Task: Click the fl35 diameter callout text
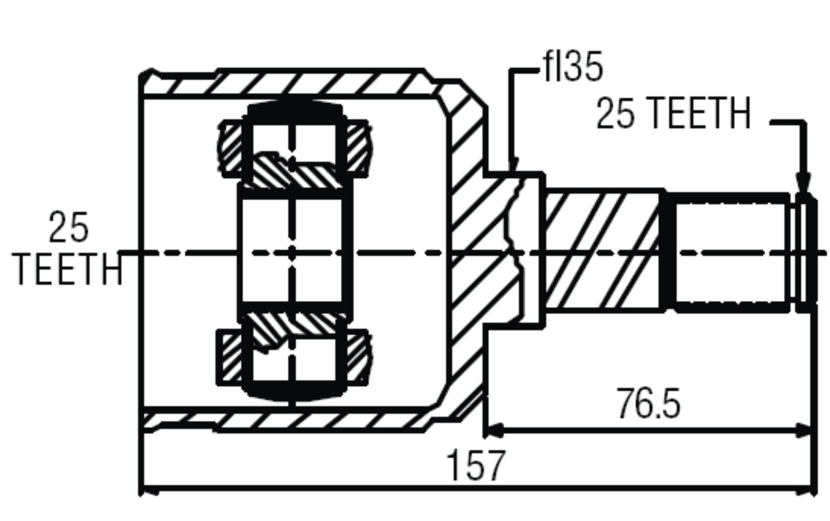click(573, 67)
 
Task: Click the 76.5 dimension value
click(648, 404)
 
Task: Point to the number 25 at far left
click(68, 227)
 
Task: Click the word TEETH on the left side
click(67, 269)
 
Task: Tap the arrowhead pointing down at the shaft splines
click(803, 183)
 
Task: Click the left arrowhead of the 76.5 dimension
click(493, 431)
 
